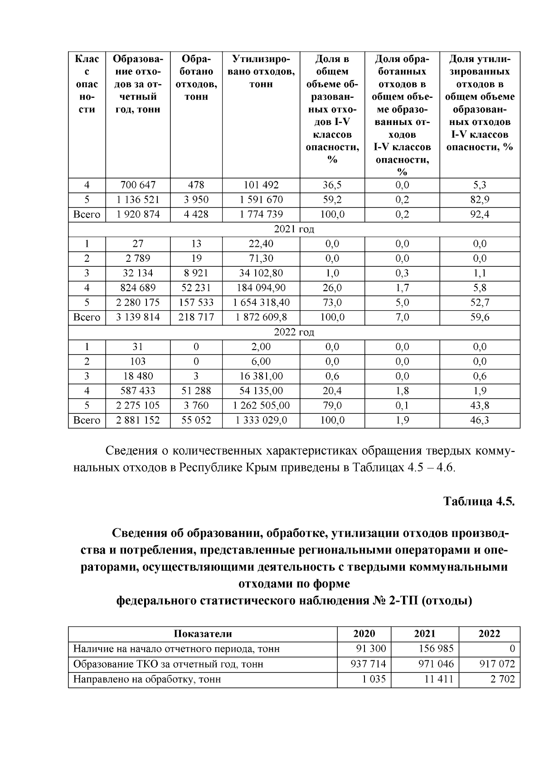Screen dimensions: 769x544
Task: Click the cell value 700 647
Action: (138, 185)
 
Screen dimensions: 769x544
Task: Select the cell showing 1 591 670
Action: (262, 200)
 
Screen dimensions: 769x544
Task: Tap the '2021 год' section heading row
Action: (294, 229)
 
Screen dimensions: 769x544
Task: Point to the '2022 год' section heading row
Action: (294, 332)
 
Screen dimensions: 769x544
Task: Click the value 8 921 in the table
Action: (196, 273)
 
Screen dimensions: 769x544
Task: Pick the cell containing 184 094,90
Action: (262, 288)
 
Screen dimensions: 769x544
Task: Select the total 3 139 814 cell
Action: (138, 317)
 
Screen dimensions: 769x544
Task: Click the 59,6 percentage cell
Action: (479, 317)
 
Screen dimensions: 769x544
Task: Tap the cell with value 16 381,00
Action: (262, 376)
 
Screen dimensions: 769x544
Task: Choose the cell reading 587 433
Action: (138, 391)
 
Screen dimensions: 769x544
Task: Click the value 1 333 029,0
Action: (262, 420)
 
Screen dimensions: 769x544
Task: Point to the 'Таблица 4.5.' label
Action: (479, 502)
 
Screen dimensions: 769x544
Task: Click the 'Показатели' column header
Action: (203, 634)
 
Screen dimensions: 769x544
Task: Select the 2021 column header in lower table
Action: (425, 634)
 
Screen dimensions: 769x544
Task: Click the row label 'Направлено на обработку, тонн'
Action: (147, 679)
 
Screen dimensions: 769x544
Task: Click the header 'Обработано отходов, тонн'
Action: (196, 78)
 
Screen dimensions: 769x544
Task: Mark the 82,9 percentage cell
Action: (479, 200)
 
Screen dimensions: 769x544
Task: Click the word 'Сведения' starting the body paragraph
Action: (131, 451)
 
